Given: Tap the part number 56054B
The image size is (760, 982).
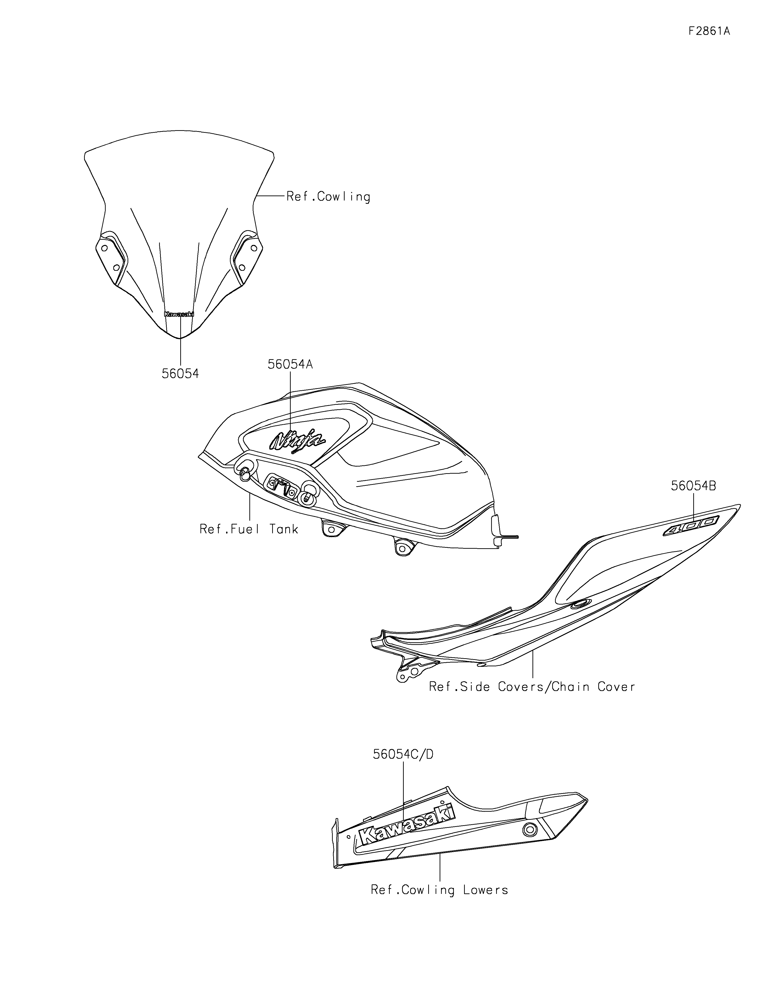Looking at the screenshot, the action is (693, 486).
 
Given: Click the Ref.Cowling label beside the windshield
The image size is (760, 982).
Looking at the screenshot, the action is (328, 197).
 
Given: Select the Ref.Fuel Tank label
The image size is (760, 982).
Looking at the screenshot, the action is (249, 529).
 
